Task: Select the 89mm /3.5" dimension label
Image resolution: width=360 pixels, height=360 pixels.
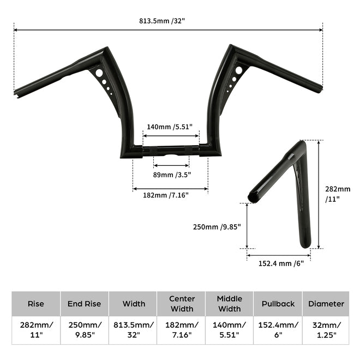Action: [172, 175]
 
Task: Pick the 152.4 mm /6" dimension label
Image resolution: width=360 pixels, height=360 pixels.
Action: [280, 263]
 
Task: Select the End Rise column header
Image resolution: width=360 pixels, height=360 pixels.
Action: [84, 304]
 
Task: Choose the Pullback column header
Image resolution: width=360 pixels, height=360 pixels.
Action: [278, 304]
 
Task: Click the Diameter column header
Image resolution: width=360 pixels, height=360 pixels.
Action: [326, 304]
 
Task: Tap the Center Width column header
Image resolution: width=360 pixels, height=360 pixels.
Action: [181, 304]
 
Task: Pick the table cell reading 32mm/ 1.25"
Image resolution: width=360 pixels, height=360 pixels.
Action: [326, 330]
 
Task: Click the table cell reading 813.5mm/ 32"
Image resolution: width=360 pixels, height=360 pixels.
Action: [133, 330]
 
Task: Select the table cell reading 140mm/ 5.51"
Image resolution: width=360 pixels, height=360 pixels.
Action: [229, 330]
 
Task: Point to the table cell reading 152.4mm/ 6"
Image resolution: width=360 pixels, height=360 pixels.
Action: [278, 330]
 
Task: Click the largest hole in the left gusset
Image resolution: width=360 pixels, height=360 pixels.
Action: [98, 73]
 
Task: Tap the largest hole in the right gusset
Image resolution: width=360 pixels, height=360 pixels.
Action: [238, 70]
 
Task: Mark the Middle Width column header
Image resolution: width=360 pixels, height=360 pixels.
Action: [229, 304]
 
